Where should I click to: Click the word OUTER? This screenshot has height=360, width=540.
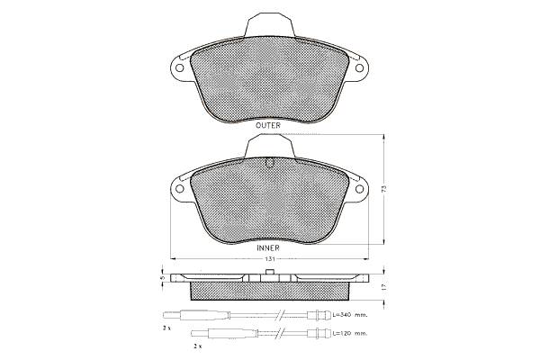point(268,125)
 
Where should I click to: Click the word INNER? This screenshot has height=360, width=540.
point(268,247)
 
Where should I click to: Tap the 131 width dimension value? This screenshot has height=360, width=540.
point(270,259)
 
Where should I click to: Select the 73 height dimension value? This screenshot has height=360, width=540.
point(384,189)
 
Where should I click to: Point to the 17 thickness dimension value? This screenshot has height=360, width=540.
point(384,286)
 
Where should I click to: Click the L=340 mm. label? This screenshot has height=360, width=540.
point(350,314)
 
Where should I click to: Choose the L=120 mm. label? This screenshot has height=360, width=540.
point(350,333)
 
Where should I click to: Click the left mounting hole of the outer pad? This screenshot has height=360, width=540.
point(179,67)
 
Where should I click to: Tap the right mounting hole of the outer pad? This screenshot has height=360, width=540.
point(359,67)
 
